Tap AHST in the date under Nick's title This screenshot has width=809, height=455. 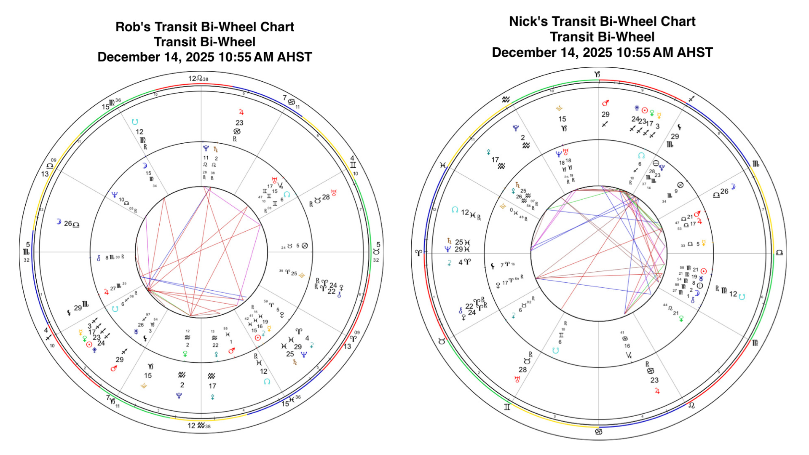[x=695, y=53]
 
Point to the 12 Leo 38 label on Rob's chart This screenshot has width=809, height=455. [x=198, y=79]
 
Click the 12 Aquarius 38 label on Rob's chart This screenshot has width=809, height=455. [x=198, y=426]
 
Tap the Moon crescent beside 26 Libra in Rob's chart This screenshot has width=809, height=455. [x=59, y=222]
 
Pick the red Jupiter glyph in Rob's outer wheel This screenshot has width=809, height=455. [x=241, y=112]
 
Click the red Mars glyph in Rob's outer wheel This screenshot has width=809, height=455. [x=113, y=368]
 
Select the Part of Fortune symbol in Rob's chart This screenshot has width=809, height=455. [x=305, y=246]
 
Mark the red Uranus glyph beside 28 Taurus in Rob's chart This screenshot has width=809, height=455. [x=334, y=193]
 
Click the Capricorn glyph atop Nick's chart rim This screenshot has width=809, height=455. [x=597, y=75]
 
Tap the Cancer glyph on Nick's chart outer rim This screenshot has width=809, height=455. [x=598, y=432]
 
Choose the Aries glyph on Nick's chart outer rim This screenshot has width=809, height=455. [x=418, y=253]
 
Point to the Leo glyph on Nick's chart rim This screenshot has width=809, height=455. [x=691, y=406]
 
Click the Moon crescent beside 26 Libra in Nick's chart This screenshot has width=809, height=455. [x=733, y=187]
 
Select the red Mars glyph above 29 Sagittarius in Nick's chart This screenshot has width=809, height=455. [x=605, y=103]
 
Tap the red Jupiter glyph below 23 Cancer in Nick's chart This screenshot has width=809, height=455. [x=657, y=391]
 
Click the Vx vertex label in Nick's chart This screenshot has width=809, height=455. [x=629, y=355]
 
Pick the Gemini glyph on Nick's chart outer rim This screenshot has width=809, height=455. [x=507, y=407]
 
